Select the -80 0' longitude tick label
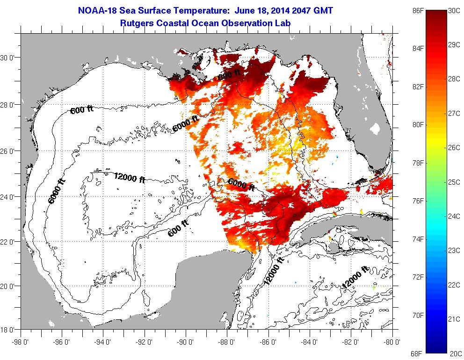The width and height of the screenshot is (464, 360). (392, 341)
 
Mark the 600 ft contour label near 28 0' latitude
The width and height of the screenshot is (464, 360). (82, 110)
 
